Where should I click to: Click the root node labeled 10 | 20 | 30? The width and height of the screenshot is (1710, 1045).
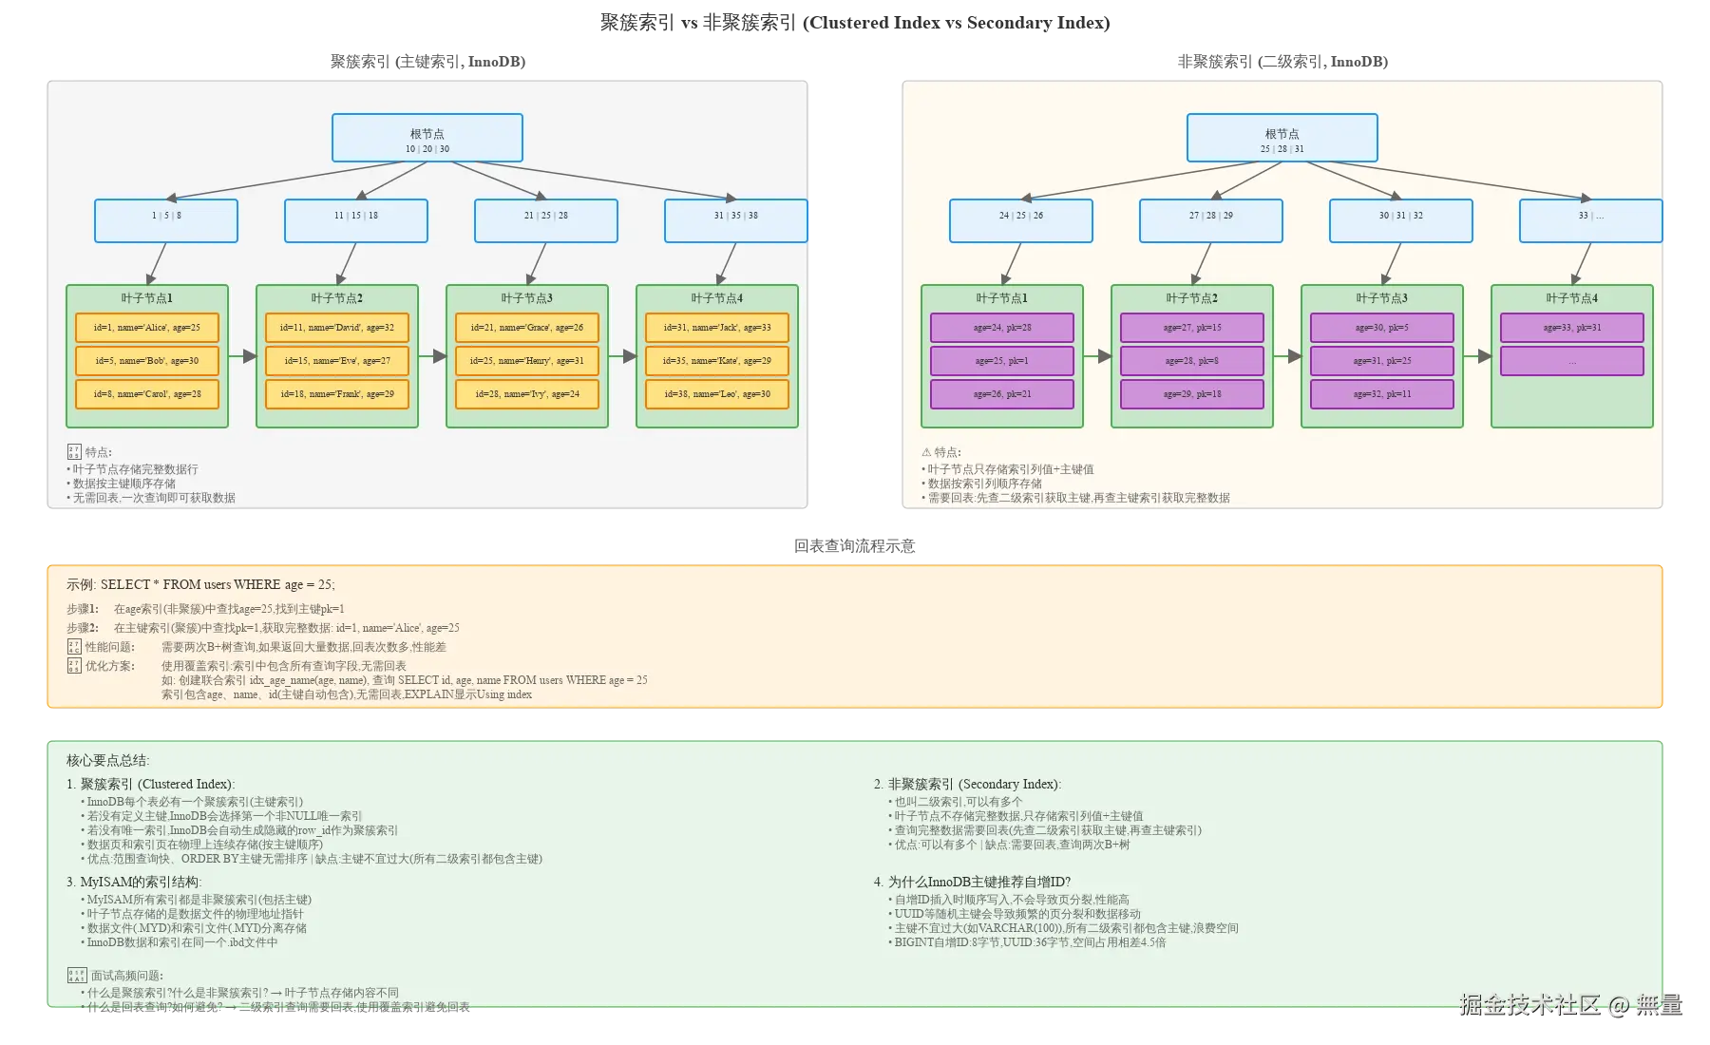tap(427, 139)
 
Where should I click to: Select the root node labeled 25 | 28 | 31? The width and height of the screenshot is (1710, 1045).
tap(1282, 139)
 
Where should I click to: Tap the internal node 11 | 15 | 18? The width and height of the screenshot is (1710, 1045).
tap(355, 220)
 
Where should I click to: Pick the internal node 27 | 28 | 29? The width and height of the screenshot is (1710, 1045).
tap(1210, 220)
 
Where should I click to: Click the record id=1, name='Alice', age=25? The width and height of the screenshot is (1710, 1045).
tap(146, 328)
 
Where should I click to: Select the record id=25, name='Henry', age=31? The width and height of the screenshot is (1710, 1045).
tap(526, 361)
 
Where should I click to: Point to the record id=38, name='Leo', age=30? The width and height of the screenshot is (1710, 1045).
tap(716, 394)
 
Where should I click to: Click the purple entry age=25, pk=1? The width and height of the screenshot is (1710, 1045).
tap(1001, 361)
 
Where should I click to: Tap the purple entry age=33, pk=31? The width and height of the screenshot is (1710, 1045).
tap(1571, 328)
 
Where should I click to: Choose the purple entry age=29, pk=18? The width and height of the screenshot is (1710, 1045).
tap(1191, 394)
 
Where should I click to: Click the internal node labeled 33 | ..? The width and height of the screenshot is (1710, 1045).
tap(1590, 220)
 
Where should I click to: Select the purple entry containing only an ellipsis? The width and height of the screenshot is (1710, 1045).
tap(1571, 361)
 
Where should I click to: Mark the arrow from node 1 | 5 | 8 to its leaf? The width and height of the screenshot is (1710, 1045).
tap(157, 263)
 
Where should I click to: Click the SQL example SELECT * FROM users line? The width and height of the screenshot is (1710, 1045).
tap(200, 585)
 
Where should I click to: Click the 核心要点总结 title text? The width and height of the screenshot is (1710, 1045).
tap(107, 761)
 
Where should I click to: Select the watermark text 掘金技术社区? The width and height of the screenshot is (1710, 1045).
tap(1529, 1005)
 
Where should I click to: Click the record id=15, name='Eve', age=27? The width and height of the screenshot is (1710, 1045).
tap(336, 361)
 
